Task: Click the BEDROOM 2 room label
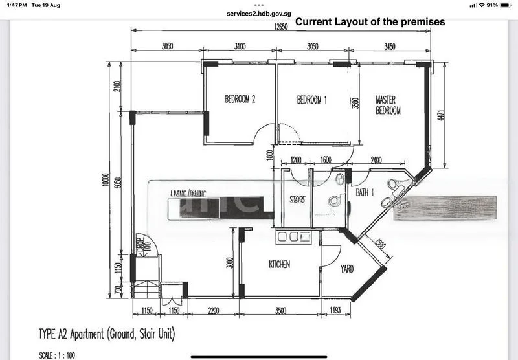coord(240,100)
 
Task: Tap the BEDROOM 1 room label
coord(312,100)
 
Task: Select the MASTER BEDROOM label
coord(388,105)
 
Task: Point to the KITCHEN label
coord(280,265)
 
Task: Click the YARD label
coord(347,269)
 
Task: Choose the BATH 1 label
coord(366,192)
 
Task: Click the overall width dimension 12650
coord(280,27)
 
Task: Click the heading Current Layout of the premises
coord(370,21)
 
